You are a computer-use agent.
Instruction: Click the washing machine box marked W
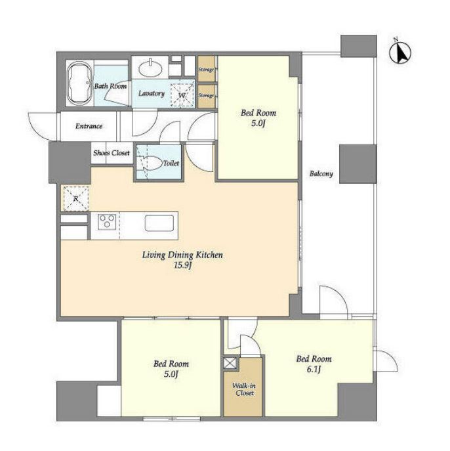tap(182, 94)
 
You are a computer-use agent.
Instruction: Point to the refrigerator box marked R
tap(76, 199)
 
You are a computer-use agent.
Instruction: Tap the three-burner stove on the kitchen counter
tap(107, 222)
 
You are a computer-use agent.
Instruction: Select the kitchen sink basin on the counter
tap(159, 223)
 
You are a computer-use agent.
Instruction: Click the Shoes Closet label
tap(112, 153)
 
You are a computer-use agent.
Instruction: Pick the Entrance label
tap(89, 126)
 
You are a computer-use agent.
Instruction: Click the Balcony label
tap(321, 173)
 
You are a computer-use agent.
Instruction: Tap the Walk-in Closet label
tap(244, 389)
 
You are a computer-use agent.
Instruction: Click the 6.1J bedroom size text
tap(314, 370)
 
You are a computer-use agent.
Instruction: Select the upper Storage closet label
tap(206, 70)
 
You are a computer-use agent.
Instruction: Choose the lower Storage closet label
tap(206, 95)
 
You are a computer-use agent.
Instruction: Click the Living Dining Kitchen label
tap(182, 255)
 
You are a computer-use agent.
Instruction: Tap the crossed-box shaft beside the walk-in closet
tap(231, 363)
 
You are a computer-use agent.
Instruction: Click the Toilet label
tap(171, 163)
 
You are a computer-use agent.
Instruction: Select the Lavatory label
tap(152, 93)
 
